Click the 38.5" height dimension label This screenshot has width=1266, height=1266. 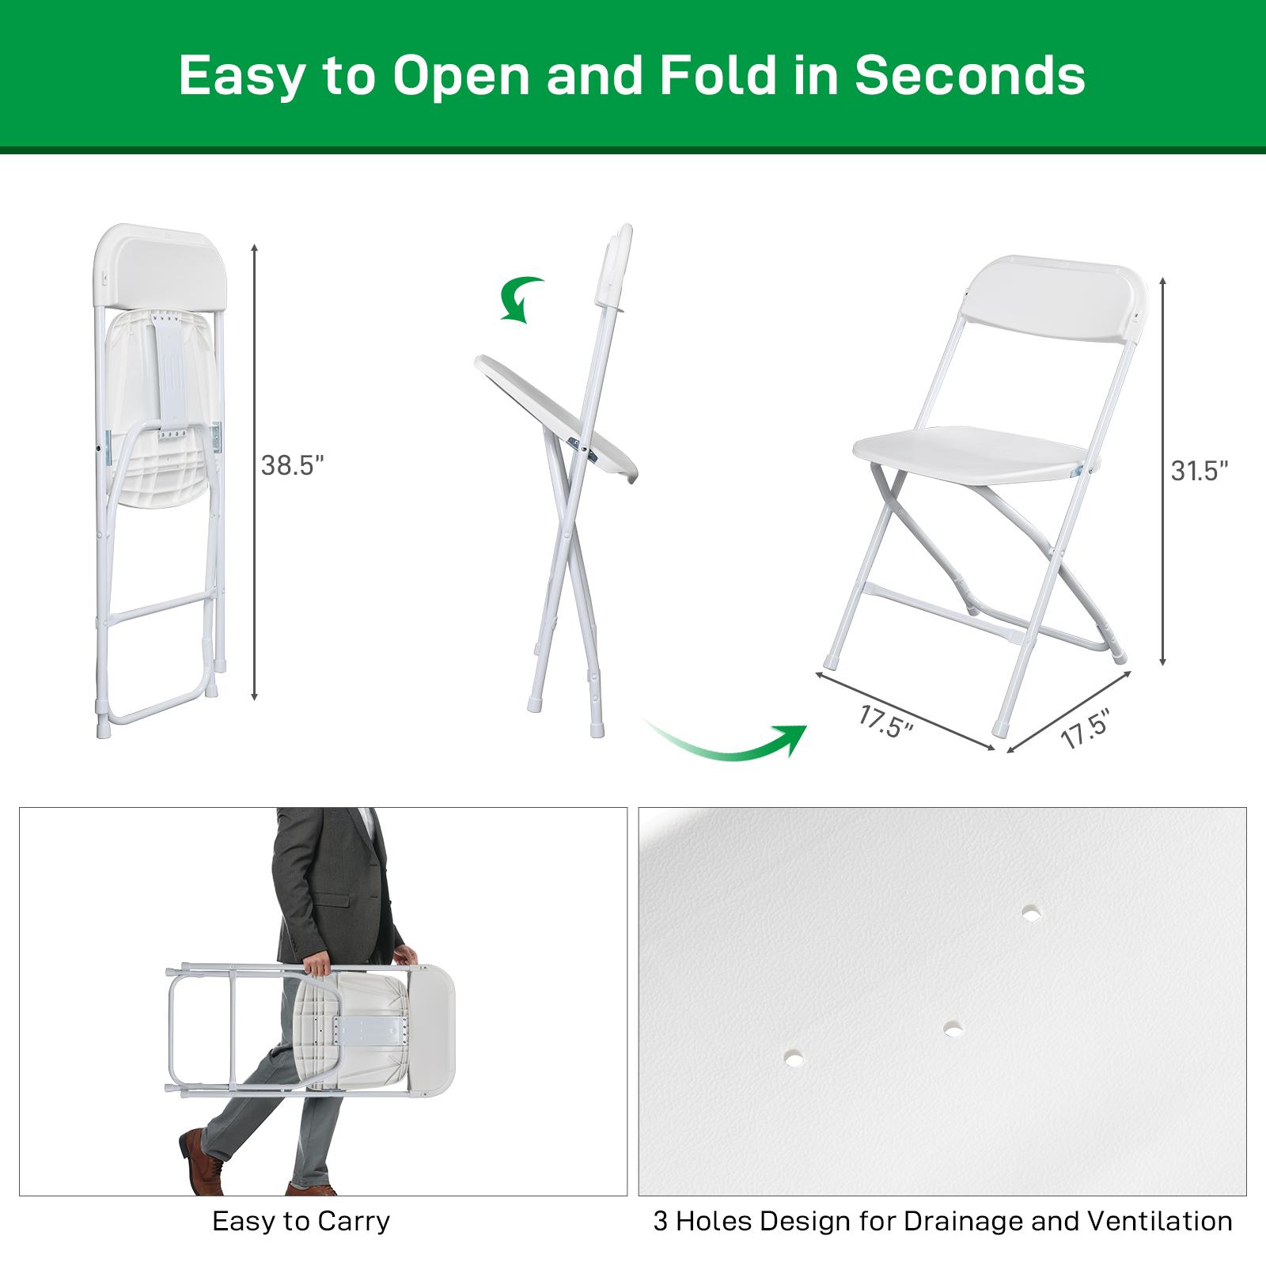click(293, 466)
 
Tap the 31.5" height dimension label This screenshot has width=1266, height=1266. click(1200, 471)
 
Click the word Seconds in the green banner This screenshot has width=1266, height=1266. click(969, 76)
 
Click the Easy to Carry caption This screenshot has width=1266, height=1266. click(301, 1221)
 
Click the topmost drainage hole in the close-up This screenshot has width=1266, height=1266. click(1030, 913)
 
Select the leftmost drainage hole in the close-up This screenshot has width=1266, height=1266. click(793, 1056)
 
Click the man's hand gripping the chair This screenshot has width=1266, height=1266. click(316, 965)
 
